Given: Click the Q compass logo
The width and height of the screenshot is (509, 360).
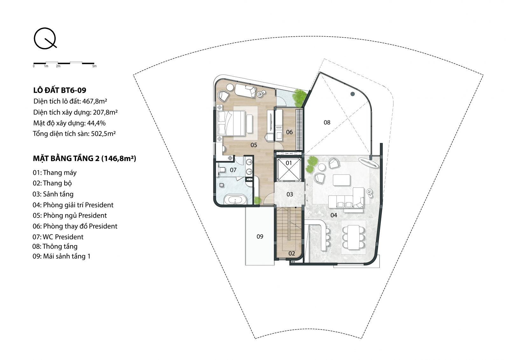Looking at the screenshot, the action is pyautogui.click(x=45, y=38).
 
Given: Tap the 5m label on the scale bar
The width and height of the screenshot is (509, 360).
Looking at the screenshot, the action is pyautogui.click(x=94, y=66).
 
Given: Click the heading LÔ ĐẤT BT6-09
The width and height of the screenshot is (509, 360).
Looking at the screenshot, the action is pyautogui.click(x=60, y=90).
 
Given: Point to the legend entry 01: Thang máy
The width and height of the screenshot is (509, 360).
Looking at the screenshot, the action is pyautogui.click(x=54, y=173).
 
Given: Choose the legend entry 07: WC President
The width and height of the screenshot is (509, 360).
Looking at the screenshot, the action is pyautogui.click(x=58, y=237).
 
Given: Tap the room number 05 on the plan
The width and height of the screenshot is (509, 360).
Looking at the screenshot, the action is pyautogui.click(x=254, y=145).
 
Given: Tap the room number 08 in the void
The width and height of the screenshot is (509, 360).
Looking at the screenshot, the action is pyautogui.click(x=327, y=123).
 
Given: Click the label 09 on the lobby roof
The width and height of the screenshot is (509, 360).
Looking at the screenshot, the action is pyautogui.click(x=260, y=236).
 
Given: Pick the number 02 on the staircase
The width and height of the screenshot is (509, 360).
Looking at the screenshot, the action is pyautogui.click(x=291, y=253).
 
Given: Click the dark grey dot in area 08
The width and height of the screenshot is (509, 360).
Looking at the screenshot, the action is pyautogui.click(x=353, y=94).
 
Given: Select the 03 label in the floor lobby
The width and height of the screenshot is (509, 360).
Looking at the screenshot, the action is pyautogui.click(x=290, y=194).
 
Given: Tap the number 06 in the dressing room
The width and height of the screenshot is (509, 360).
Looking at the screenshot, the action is pyautogui.click(x=289, y=132).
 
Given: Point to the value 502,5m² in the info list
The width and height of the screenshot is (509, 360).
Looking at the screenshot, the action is pyautogui.click(x=103, y=133).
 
